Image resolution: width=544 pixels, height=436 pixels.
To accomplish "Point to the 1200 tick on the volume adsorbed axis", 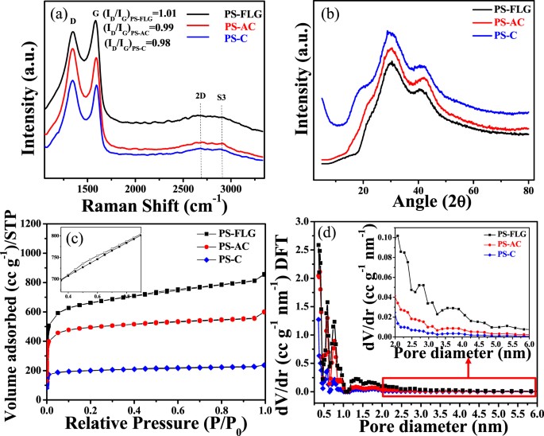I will pyautogui.click(x=32, y=224).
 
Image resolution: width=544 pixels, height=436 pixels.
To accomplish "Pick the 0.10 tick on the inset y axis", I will pyautogui.click(x=380, y=237).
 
